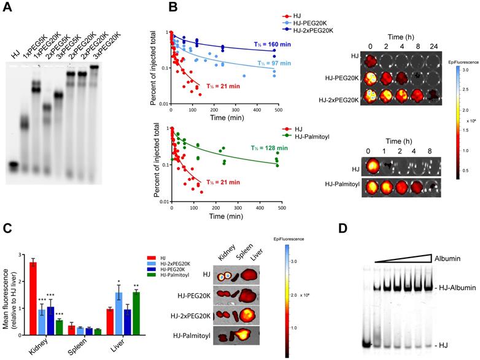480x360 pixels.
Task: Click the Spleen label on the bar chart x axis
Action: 78,347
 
